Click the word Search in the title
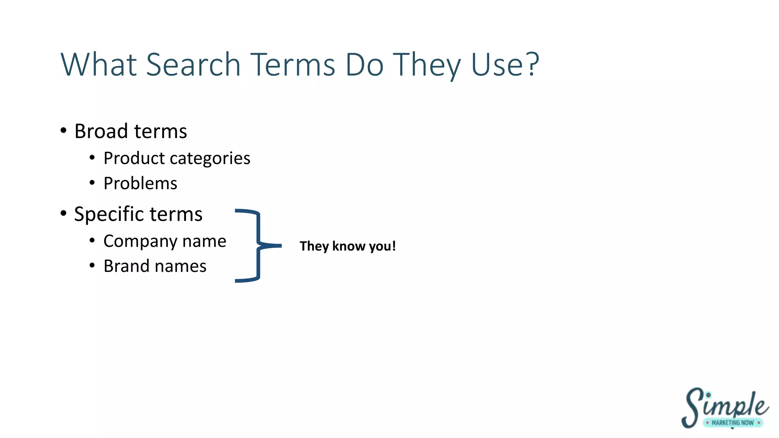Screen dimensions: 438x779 pos(193,65)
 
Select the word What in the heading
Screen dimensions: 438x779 pos(99,65)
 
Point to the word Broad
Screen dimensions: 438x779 pos(101,131)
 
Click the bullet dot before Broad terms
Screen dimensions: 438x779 pos(64,131)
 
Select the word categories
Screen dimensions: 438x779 pos(210,159)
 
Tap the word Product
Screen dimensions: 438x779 pos(134,158)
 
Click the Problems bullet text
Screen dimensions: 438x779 pos(140,183)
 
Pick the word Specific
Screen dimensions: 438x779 pos(108,214)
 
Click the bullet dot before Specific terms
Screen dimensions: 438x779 pos(64,213)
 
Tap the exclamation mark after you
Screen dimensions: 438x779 pos(394,246)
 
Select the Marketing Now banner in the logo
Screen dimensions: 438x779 pos(732,423)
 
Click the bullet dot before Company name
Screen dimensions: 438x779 pos(92,240)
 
